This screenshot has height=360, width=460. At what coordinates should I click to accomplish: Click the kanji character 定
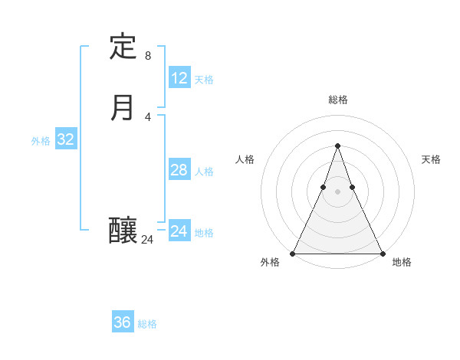click(123, 47)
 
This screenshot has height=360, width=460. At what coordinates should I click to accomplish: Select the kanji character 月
click(123, 108)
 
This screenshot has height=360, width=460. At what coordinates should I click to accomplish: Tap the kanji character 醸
click(123, 230)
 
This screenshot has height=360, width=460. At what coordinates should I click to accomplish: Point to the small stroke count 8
click(148, 56)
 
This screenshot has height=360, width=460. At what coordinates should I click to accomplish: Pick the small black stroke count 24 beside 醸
click(148, 240)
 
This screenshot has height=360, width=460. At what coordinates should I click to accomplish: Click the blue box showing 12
click(179, 78)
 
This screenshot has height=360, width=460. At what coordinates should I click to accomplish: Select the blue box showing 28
click(179, 170)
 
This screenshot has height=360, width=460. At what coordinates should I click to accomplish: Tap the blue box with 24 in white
click(179, 231)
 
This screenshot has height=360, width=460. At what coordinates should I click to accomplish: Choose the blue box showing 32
click(66, 139)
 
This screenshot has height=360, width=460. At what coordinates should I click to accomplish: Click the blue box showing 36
click(123, 322)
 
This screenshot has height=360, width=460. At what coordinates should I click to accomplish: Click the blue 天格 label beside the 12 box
click(204, 80)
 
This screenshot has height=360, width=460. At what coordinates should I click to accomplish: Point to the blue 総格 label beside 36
click(147, 324)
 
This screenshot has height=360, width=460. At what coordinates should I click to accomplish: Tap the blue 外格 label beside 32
click(41, 141)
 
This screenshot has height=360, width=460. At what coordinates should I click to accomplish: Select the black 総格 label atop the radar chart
click(337, 100)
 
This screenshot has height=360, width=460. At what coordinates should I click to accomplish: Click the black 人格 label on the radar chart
click(245, 159)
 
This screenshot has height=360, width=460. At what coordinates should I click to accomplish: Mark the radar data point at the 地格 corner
click(382, 253)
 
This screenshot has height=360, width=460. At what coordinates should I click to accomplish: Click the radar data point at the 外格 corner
click(293, 253)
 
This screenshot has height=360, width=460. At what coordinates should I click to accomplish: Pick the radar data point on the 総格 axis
click(337, 146)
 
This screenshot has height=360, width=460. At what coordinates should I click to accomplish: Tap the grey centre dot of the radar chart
click(337, 192)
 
